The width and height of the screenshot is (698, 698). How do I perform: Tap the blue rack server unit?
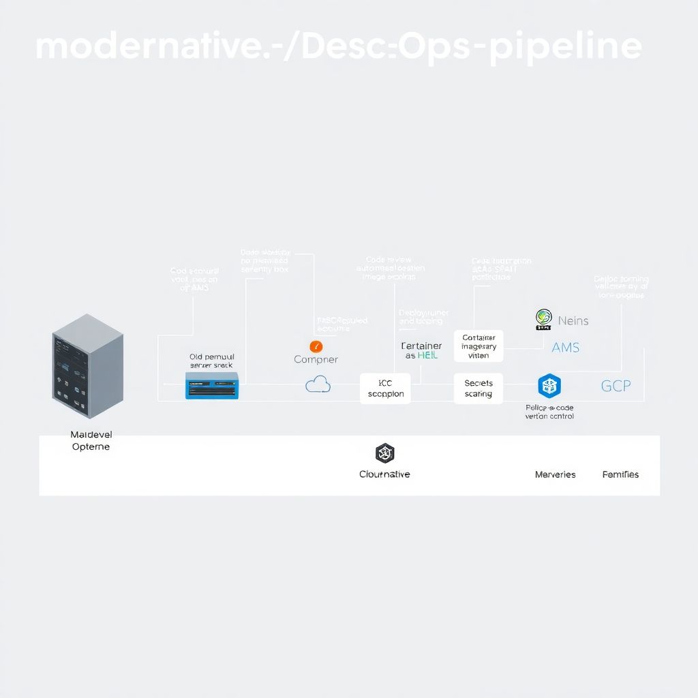tap(212, 385)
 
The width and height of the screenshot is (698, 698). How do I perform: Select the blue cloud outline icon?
tap(318, 384)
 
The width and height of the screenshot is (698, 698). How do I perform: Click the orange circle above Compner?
tap(315, 346)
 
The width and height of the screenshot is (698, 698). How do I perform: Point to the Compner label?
tap(316, 359)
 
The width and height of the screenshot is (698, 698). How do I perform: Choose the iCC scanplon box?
tap(385, 388)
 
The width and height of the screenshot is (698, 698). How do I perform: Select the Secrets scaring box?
tap(478, 389)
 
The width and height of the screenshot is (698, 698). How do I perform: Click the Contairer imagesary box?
tap(479, 346)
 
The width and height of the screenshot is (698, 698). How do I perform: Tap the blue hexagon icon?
tap(549, 386)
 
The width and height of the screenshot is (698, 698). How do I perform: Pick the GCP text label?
tap(616, 386)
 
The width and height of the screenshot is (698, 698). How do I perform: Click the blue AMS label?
tap(565, 348)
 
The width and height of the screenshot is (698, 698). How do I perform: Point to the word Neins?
tap(573, 320)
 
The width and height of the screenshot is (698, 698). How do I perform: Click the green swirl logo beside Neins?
tap(543, 318)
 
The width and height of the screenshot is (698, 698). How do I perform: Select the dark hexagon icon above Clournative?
tap(385, 453)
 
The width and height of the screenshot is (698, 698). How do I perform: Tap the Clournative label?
tap(384, 474)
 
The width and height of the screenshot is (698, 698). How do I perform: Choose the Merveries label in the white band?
tap(555, 474)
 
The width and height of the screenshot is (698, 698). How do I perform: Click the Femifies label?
tap(620, 474)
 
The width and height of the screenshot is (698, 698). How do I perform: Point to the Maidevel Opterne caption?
tap(90, 440)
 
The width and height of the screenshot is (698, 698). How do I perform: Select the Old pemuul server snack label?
tap(211, 361)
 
